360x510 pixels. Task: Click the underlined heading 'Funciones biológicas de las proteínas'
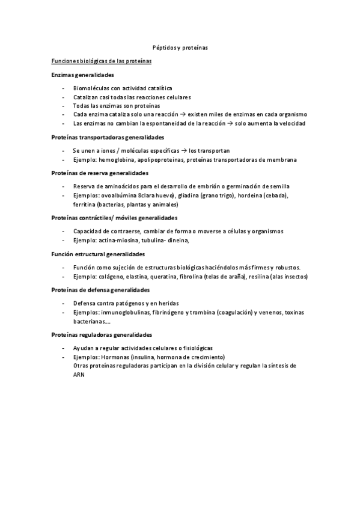click(x=101, y=61)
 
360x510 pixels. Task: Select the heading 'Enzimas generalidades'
click(x=82, y=75)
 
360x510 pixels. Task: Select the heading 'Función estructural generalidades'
click(x=97, y=254)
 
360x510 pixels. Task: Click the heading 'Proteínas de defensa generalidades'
click(x=101, y=290)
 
